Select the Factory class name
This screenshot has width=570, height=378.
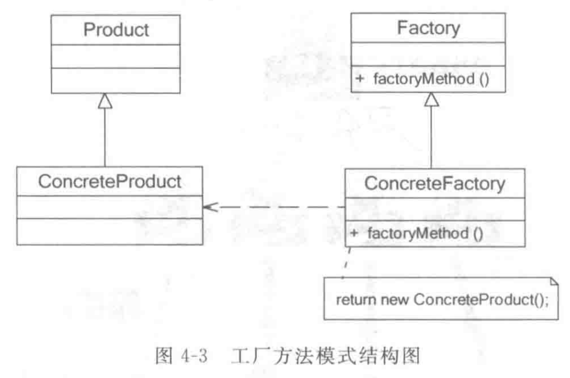point(431,28)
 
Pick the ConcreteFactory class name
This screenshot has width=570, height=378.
point(435,183)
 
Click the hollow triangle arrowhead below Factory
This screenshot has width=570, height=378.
point(431,99)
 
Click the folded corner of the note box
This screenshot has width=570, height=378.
point(553,282)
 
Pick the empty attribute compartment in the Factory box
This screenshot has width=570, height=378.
point(431,55)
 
